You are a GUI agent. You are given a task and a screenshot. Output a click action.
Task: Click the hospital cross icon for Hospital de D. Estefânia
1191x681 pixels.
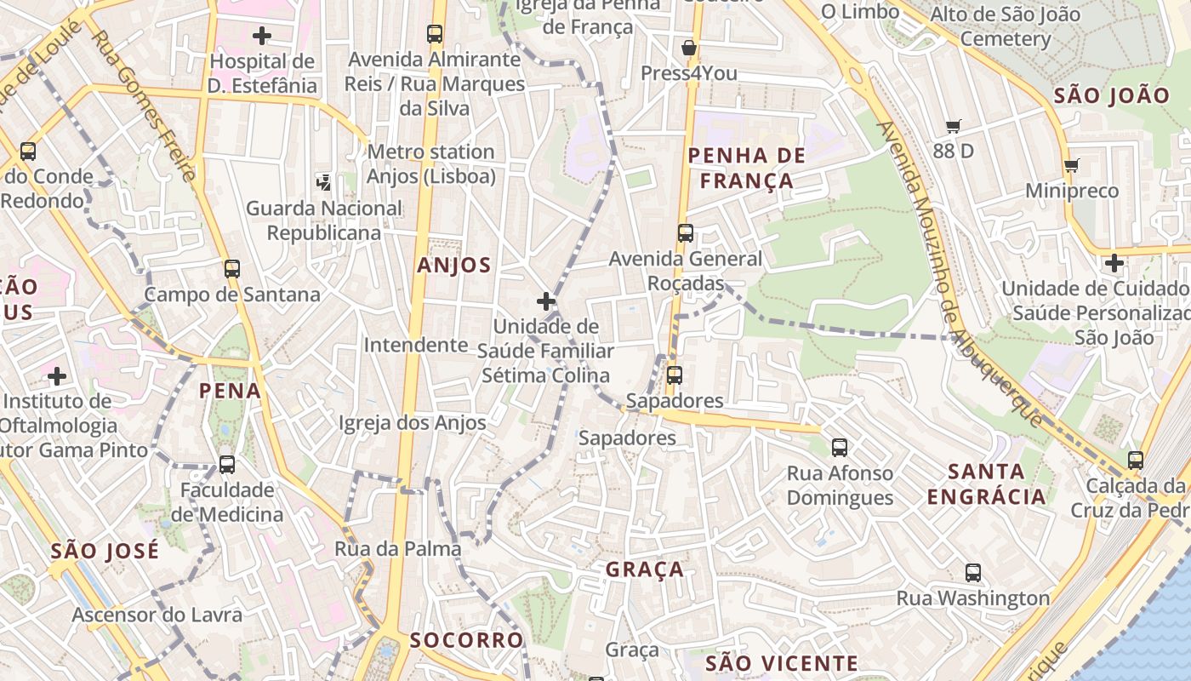point(262,36)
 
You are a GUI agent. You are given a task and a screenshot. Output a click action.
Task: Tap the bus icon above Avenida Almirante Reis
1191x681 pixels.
point(435,34)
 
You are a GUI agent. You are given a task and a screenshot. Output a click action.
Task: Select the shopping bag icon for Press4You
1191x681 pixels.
point(689,48)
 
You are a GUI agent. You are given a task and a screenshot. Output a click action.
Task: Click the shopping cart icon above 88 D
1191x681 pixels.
point(954,126)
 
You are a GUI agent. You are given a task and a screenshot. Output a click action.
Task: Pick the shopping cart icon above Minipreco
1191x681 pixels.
point(1072,165)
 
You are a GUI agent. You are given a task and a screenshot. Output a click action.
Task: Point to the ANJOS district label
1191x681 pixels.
point(454,266)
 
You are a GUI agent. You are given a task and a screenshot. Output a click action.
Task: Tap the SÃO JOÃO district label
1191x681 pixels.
point(1112,96)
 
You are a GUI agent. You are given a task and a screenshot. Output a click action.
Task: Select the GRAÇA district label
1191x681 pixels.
point(645,569)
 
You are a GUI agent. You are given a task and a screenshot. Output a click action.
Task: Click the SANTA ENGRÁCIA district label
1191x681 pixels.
point(986,484)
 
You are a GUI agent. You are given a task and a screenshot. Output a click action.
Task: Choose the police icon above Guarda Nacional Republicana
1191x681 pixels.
point(323,181)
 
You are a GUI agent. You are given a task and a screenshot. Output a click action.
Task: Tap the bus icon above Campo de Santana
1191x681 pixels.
point(232,269)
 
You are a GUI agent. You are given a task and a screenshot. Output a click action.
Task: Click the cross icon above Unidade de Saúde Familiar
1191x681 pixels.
point(546,301)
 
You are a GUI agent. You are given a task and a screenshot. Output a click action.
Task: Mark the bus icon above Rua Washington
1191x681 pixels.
point(973,573)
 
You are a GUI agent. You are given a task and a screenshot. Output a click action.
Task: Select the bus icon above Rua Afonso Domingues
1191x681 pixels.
point(840,448)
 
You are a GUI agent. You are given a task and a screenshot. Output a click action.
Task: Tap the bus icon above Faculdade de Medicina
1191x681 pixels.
point(227,465)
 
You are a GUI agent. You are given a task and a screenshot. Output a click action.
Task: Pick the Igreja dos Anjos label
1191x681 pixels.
point(413,423)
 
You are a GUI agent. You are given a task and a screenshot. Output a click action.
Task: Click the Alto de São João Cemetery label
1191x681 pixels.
point(1006,26)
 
